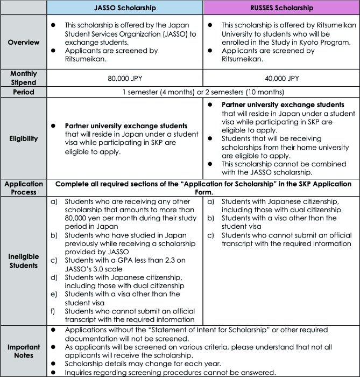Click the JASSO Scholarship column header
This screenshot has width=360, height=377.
[125, 8]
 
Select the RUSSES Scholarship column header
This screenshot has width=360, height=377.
[281, 8]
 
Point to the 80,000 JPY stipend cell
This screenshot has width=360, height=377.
[125, 78]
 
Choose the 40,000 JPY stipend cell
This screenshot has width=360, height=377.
[281, 78]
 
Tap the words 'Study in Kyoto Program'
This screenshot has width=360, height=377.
[301, 43]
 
